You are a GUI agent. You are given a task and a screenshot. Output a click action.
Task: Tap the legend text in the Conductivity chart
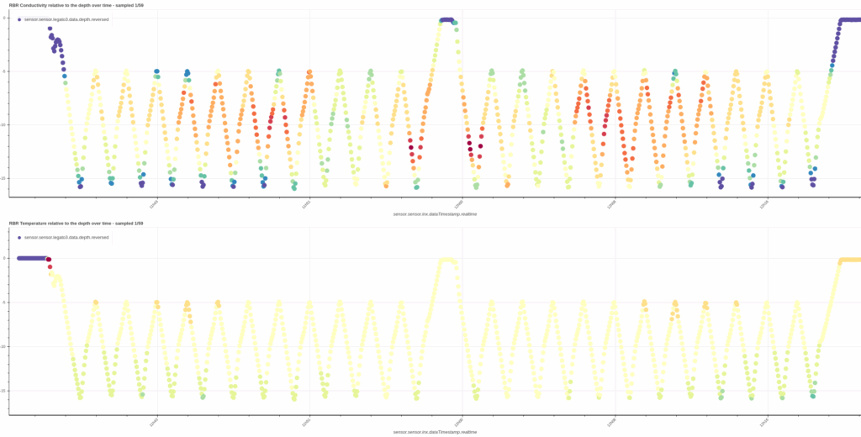[x=66, y=18]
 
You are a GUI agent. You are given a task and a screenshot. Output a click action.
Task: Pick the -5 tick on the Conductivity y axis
[x=5, y=71]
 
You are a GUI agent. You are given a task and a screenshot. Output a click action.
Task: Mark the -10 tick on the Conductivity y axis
[x=4, y=124]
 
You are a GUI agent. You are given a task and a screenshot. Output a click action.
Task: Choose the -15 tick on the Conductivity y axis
[x=4, y=177]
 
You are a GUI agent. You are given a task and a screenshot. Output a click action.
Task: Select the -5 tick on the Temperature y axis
[x=5, y=302]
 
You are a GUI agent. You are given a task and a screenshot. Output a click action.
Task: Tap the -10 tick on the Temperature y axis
[x=4, y=346]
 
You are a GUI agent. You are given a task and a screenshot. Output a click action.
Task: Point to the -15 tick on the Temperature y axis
[x=4, y=390]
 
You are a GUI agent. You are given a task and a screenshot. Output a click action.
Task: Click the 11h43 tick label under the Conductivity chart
[x=154, y=203]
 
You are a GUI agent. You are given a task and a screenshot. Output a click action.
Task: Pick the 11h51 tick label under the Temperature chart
[x=307, y=421]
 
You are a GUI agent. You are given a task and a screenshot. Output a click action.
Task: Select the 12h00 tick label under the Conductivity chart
[x=459, y=203]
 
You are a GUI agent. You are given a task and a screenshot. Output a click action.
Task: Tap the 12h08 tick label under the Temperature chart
[x=612, y=421]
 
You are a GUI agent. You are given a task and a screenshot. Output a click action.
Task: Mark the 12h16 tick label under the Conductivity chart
[x=764, y=203]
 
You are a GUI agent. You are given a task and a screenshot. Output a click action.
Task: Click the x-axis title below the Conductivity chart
[x=435, y=214]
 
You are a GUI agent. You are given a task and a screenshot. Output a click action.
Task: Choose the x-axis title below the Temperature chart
[x=435, y=432]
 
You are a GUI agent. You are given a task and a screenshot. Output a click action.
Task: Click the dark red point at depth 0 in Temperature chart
[x=49, y=260]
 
